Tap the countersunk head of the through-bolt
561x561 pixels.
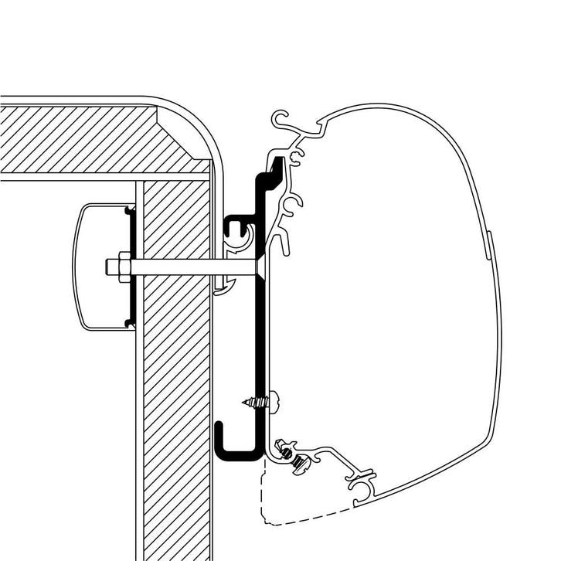pos(262,267)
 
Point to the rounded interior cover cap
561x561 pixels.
pos(97,267)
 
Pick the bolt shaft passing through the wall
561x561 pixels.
pos(193,267)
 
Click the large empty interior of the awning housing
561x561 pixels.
pos(386,309)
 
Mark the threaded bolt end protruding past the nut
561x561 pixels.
pos(110,267)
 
